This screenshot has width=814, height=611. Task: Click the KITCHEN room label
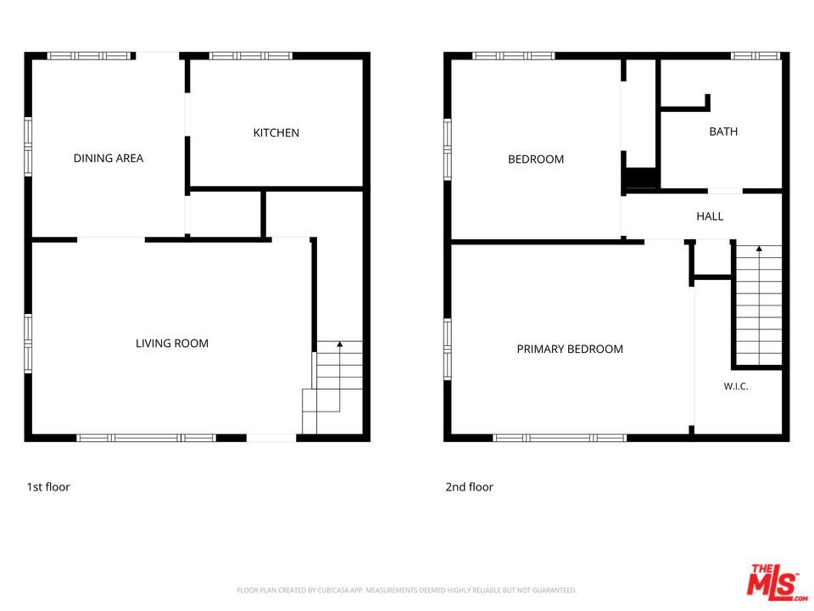(276, 133)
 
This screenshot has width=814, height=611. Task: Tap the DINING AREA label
(109, 159)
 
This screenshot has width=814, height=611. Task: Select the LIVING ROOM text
(172, 344)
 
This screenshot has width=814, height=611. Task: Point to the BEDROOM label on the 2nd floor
(536, 160)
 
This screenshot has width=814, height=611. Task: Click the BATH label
(723, 132)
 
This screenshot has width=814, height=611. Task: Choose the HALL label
(710, 216)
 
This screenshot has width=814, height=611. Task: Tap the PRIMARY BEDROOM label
(570, 349)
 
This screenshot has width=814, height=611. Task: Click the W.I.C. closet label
(736, 387)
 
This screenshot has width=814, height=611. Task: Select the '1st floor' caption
(48, 487)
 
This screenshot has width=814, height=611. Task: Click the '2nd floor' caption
(469, 487)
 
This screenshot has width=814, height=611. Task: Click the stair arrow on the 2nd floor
(759, 305)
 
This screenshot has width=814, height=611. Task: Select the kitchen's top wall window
(251, 56)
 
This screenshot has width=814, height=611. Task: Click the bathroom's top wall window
(755, 56)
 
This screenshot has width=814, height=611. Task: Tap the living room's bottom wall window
(147, 438)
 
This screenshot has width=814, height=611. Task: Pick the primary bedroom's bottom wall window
(560, 438)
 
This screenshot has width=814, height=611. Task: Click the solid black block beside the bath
(642, 178)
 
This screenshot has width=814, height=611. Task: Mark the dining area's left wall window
(28, 147)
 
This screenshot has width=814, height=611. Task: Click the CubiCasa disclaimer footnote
(406, 591)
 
